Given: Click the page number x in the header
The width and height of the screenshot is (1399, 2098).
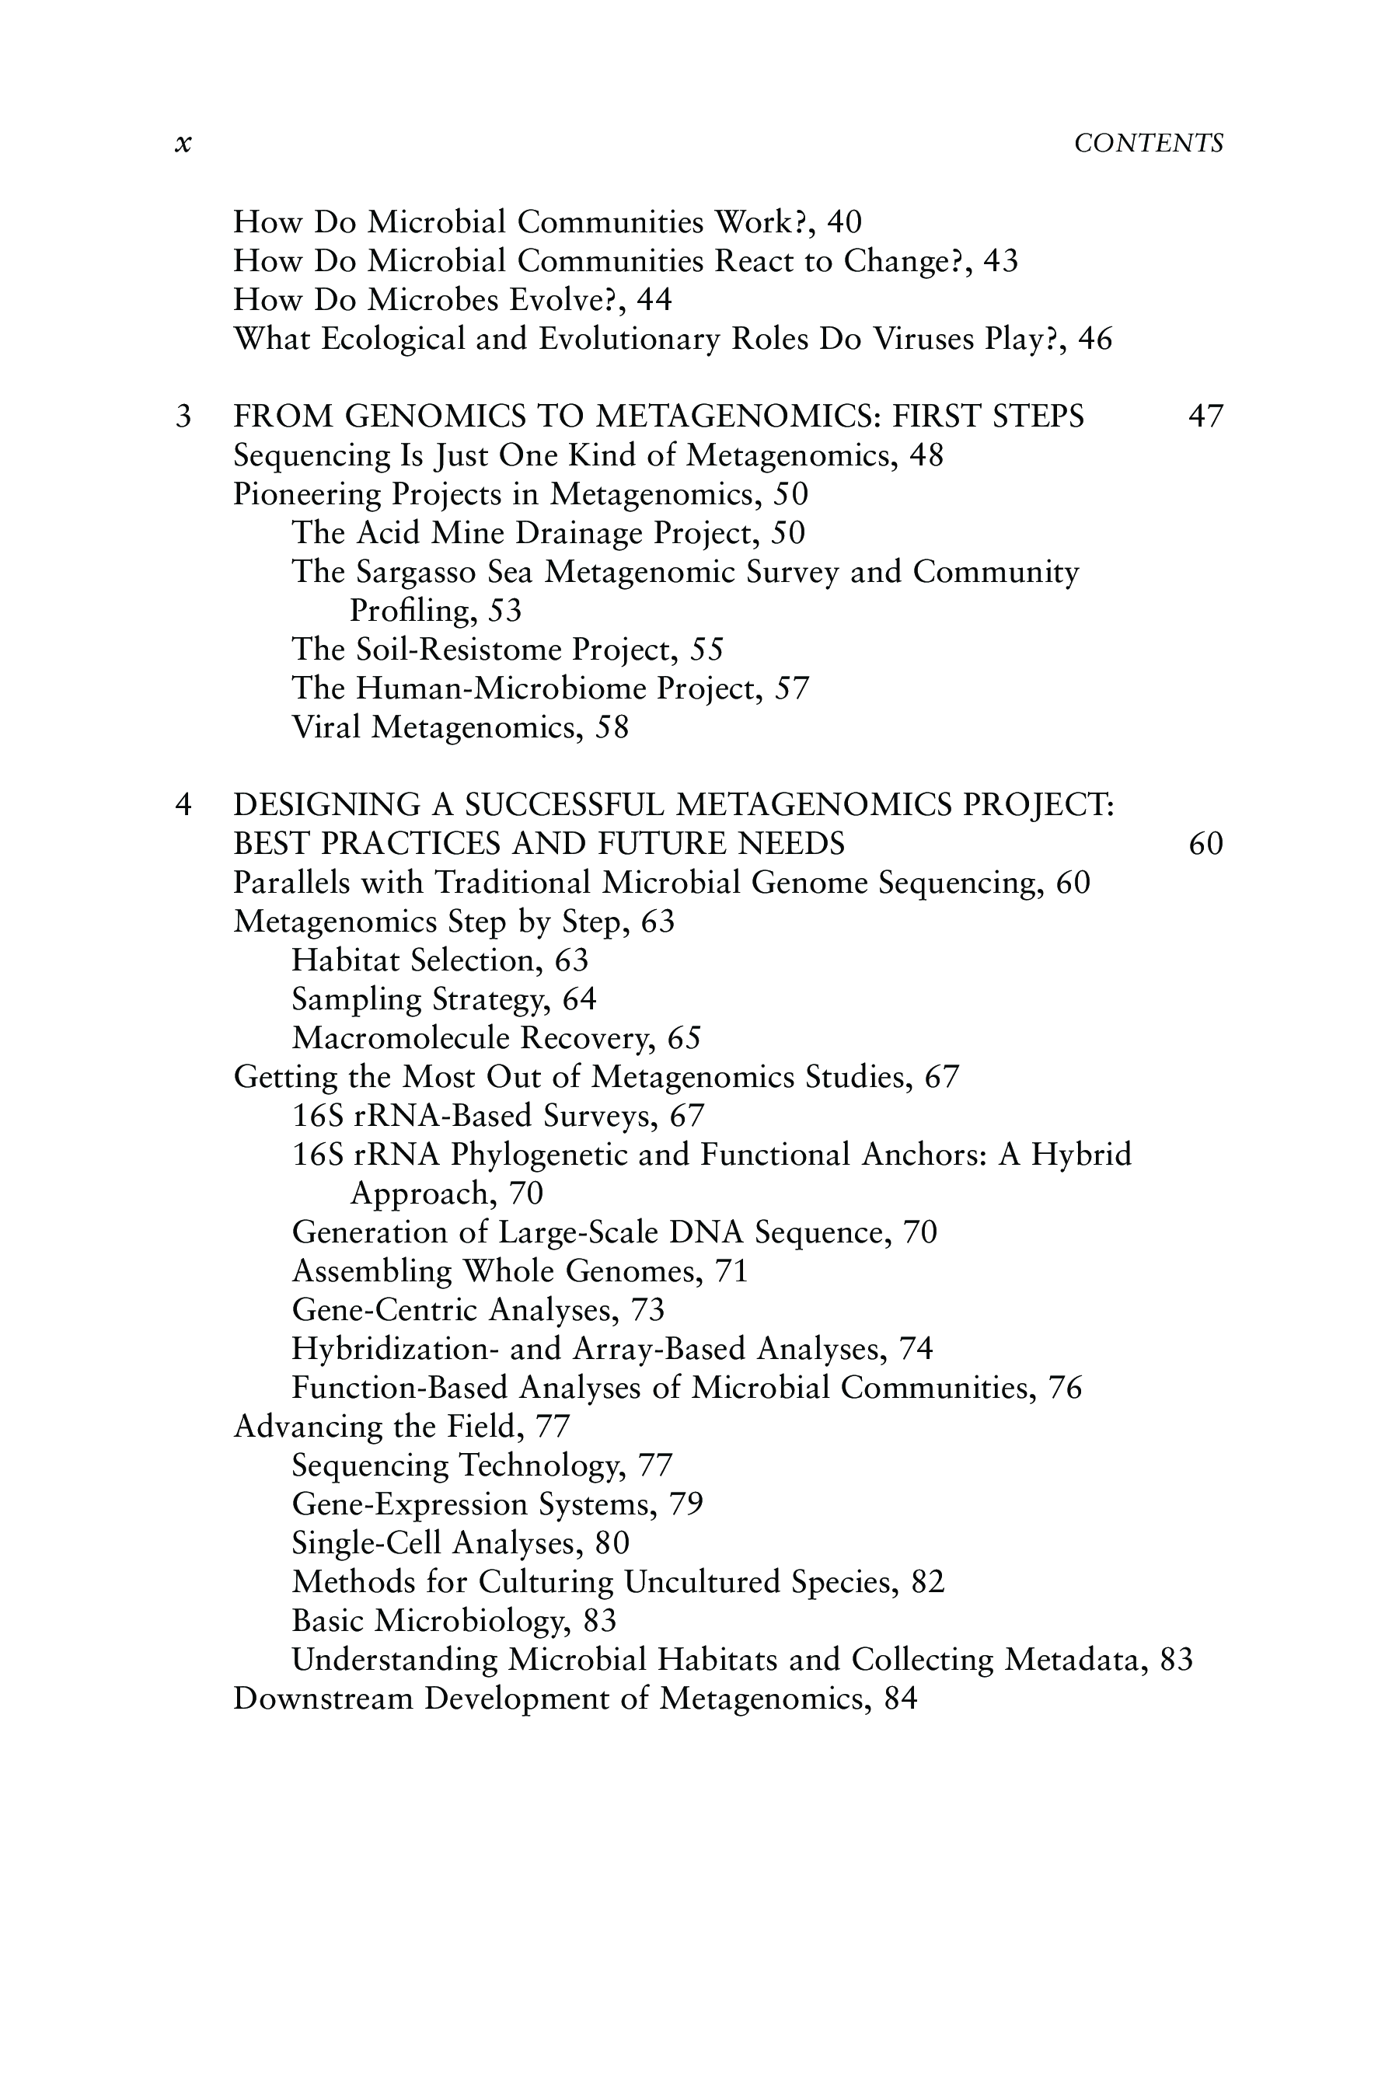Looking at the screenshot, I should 183,144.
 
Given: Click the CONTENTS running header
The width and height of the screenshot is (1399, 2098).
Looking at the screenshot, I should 1148,144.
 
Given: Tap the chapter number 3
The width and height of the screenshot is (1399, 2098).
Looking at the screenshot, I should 183,416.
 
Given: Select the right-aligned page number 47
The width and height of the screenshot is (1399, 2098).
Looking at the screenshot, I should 1205,416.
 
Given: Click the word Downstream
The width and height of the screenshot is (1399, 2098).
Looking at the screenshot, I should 323,1699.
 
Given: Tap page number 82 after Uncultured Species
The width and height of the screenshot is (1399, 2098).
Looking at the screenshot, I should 928,1581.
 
